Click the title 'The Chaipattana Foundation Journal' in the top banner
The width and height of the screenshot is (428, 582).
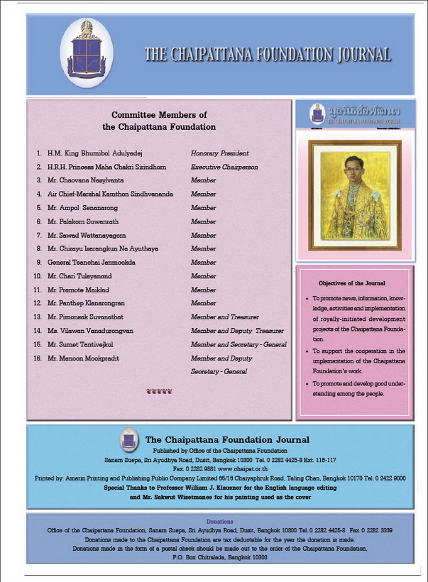coord(268,55)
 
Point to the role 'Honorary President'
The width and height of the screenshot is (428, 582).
coord(220,153)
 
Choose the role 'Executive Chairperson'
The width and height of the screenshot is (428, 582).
coord(224,167)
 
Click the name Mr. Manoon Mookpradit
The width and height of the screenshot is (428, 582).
coord(83,358)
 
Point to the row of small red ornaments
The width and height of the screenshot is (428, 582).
coord(159,391)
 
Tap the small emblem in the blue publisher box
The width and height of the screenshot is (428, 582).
coord(128,439)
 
